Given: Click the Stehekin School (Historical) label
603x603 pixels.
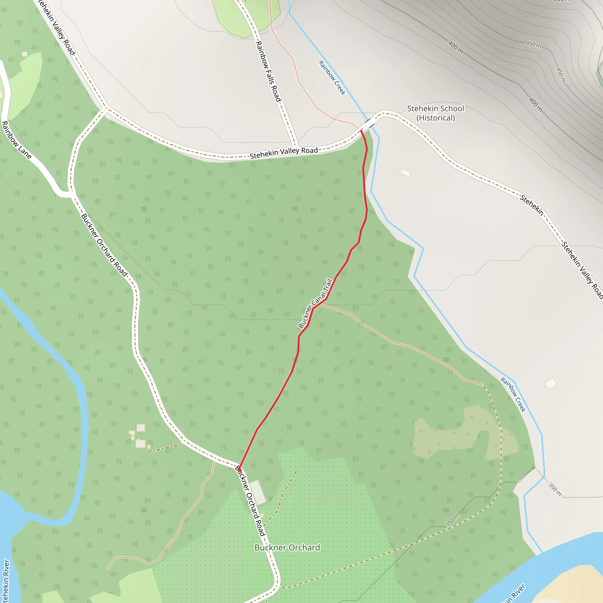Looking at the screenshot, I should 435,113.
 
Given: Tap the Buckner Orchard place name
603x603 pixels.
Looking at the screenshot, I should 287,547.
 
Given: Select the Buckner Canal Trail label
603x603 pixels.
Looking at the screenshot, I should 315,303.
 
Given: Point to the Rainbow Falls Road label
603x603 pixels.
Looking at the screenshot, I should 269,71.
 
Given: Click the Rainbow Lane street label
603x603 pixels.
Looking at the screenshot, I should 16,140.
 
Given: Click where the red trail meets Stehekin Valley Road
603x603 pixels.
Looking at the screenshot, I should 361,130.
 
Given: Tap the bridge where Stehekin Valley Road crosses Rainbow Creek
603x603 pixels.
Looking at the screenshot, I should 369,124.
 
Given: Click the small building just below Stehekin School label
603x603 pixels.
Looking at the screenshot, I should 405,173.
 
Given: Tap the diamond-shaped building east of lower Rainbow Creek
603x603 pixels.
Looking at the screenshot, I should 551,383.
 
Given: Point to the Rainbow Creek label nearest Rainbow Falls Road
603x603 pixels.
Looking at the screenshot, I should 332,78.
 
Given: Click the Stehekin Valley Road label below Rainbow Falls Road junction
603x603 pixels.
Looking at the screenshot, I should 284,153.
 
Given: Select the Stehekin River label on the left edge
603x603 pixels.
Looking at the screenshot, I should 6,581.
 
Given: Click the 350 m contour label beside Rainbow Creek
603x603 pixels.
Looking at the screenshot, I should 555,489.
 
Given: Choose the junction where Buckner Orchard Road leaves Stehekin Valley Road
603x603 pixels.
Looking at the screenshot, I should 105,108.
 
